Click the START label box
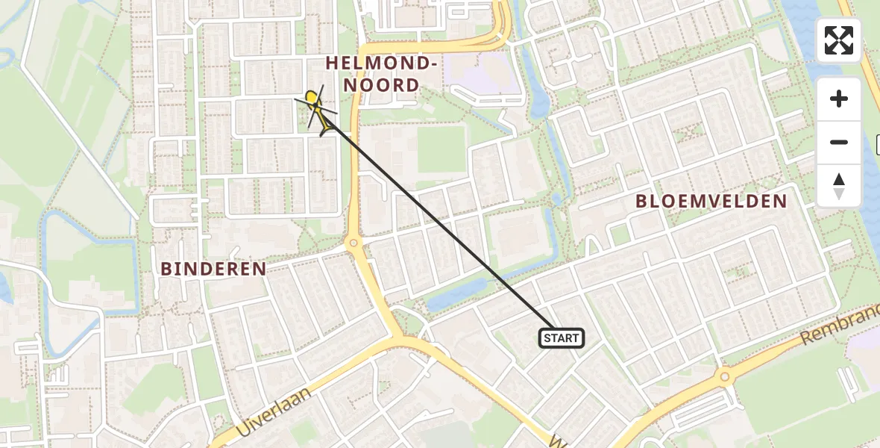coord(561,338)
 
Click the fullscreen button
coord(839,40)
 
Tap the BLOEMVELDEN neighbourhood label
coord(711,201)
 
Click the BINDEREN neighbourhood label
coord(213,269)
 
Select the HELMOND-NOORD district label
coord(382,75)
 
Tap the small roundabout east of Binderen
coord(353,243)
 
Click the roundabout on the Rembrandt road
coord(723,377)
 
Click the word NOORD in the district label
coord(382,85)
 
